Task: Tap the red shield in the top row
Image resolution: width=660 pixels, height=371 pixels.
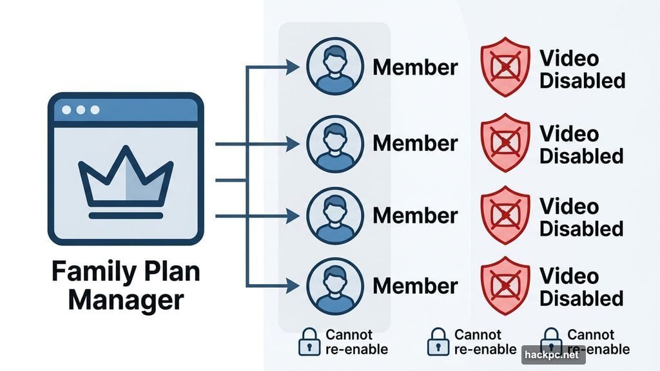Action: pyautogui.click(x=505, y=67)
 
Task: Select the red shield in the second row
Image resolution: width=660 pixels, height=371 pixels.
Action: pyautogui.click(x=505, y=143)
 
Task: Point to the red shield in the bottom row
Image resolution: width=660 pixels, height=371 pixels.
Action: pyautogui.click(x=505, y=286)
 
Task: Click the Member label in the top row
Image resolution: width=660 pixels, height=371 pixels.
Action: pyautogui.click(x=415, y=67)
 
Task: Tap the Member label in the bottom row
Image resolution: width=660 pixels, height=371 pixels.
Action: pyautogui.click(x=415, y=286)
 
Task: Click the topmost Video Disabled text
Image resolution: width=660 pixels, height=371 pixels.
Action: pyautogui.click(x=582, y=70)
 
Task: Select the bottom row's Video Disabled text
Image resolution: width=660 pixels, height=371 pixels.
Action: pyautogui.click(x=582, y=287)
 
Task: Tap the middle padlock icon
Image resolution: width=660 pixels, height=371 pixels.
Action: pyautogui.click(x=439, y=342)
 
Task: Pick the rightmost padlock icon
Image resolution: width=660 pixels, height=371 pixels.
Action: pyautogui.click(x=550, y=342)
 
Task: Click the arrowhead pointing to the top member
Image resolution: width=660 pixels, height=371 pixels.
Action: pyautogui.click(x=294, y=67)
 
